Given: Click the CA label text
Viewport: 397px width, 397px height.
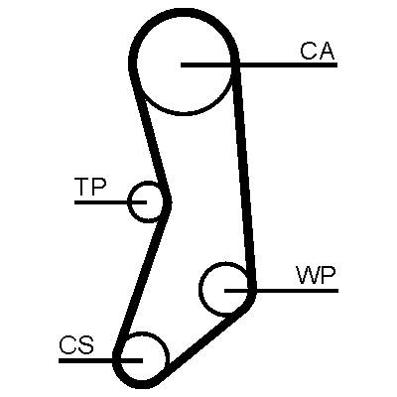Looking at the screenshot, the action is pos(318,51).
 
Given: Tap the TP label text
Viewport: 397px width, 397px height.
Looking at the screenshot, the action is pos(90,187).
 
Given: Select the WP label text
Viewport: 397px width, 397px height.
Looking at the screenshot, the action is pos(317,276).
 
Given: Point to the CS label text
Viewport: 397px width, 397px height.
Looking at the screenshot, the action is pos(76,345).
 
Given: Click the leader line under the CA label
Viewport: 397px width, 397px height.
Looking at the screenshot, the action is pos(259,65).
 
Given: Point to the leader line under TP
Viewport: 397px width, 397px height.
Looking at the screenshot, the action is pos(110,201).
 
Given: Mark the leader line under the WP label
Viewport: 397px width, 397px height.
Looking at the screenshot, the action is pos(281,291).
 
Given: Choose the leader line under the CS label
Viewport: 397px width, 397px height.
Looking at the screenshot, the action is pos(100,360).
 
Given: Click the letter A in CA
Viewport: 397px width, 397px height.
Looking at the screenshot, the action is pos(327,51).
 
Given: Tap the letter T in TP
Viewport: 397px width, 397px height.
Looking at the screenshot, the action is pos(81,187).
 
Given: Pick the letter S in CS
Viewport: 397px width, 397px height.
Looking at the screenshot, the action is pos(86,345).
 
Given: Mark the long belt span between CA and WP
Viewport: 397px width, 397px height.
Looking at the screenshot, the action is pos(244,176).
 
